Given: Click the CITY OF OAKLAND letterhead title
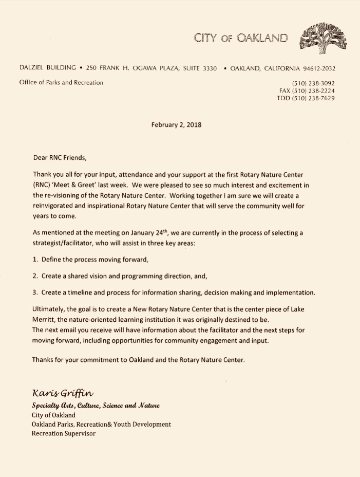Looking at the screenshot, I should (x=241, y=37).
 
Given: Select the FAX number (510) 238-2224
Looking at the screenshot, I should (x=307, y=90).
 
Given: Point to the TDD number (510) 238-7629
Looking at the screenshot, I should (x=306, y=98).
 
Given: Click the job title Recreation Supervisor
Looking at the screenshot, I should (x=64, y=433).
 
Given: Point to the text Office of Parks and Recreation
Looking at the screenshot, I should (x=61, y=82).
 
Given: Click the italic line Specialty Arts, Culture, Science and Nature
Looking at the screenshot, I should (x=96, y=406).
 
